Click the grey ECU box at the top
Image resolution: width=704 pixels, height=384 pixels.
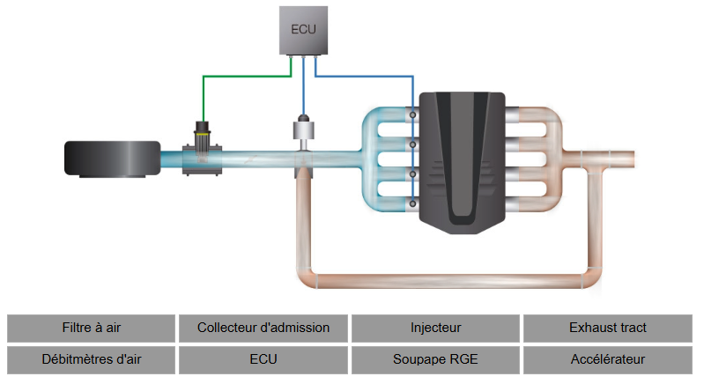pyautogui.click(x=303, y=29)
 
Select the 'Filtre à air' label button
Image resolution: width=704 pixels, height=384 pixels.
pyautogui.click(x=92, y=328)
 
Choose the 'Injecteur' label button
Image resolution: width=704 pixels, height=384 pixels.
pyautogui.click(x=435, y=328)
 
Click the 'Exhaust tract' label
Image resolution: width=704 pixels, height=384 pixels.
pyautogui.click(x=608, y=328)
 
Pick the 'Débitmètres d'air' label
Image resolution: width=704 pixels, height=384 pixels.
pyautogui.click(x=92, y=359)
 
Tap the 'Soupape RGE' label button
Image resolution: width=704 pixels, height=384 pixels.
pyautogui.click(x=435, y=359)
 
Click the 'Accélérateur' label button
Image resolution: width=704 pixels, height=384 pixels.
pyautogui.click(x=608, y=359)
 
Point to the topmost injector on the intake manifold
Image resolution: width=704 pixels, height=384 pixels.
pyautogui.click(x=412, y=114)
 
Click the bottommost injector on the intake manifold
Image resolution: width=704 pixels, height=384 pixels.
pyautogui.click(x=412, y=203)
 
